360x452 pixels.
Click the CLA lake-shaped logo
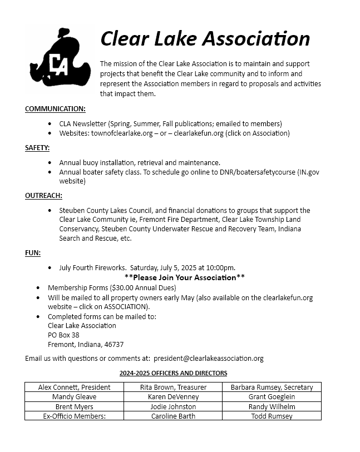tap(58, 59)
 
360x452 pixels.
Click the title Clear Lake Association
tap(205, 38)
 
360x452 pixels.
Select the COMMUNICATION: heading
tap(55, 108)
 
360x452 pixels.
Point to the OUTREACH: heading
tap(43, 195)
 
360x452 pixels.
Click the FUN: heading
tap(33, 252)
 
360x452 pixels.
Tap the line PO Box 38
tap(63, 335)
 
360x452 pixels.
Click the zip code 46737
tap(114, 344)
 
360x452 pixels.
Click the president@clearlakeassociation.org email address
tap(209, 359)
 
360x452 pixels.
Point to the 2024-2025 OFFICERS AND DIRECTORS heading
tap(173, 373)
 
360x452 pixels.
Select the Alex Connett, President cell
tap(74, 387)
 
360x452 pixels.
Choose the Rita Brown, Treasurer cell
tap(173, 387)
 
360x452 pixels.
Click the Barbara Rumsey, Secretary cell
tap(272, 387)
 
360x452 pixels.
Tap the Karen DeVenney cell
tap(173, 397)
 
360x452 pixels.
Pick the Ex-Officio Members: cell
tap(74, 416)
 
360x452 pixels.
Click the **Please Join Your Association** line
tap(185, 277)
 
